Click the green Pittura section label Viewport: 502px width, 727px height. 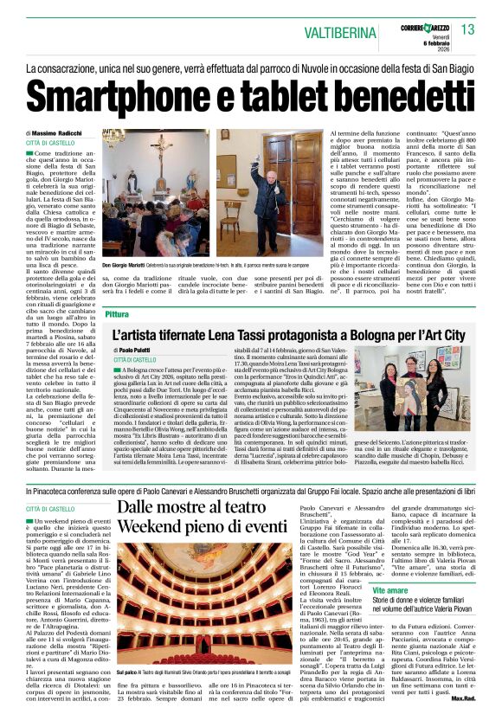[x=117, y=315]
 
